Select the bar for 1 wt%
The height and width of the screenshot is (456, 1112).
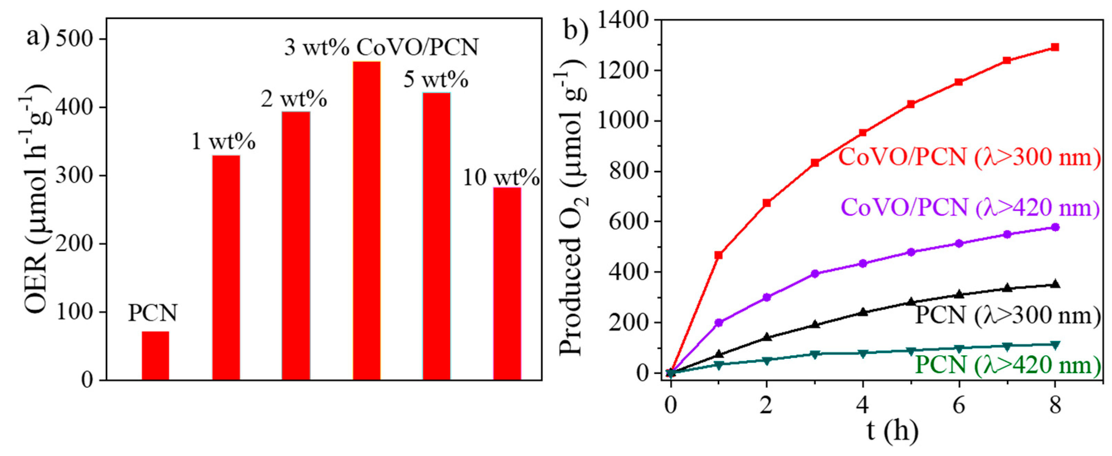click(226, 267)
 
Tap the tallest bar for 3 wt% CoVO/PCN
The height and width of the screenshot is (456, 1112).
click(367, 220)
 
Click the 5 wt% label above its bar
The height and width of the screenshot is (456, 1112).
click(436, 80)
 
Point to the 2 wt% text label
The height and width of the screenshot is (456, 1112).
click(294, 99)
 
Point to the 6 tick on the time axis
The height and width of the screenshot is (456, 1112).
click(959, 406)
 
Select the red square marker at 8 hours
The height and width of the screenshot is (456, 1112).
click(1055, 47)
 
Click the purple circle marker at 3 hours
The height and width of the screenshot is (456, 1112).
click(815, 274)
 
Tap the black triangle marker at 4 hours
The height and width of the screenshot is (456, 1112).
click(863, 312)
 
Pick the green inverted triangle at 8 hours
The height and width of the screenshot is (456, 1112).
click(1055, 345)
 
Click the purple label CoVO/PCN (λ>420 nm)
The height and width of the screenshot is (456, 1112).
click(970, 207)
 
